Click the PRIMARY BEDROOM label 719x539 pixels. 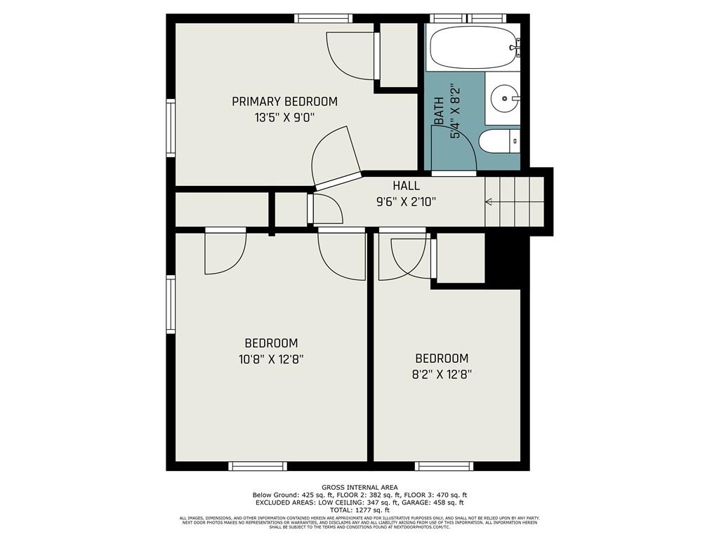[x=284, y=102]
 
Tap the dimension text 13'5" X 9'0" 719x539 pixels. [x=284, y=118]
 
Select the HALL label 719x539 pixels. [x=406, y=186]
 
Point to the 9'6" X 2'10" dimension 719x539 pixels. [x=406, y=202]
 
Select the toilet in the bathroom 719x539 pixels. [x=499, y=142]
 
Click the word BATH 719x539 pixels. [x=439, y=111]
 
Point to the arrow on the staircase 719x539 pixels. [x=489, y=202]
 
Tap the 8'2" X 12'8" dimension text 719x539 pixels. [x=441, y=374]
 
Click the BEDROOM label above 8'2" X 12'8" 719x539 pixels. [x=441, y=358]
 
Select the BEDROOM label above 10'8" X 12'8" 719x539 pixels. [x=271, y=343]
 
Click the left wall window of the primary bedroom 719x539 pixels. [x=170, y=127]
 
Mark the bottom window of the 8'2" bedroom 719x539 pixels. [x=444, y=466]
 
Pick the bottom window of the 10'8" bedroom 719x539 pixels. [x=258, y=466]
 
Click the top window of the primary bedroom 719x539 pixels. [x=323, y=18]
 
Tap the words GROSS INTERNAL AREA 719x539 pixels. [x=359, y=487]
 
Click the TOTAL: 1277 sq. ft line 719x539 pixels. [x=359, y=510]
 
